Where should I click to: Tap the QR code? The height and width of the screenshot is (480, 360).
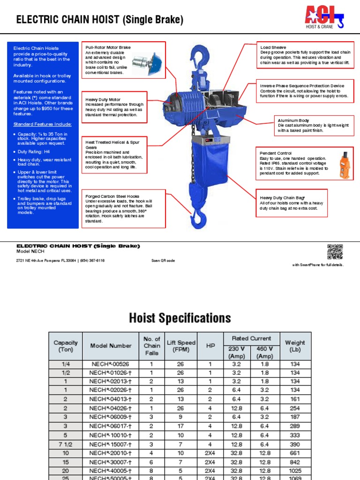coord(335,252)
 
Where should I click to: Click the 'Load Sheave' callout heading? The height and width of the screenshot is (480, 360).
coord(273,47)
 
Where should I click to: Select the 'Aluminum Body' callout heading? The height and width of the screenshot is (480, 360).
coord(293,120)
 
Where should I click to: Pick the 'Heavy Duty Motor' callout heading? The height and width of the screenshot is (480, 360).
coord(103,100)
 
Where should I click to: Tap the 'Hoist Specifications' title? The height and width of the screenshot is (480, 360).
coord(180,318)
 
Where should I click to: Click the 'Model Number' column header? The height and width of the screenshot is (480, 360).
coord(111,346)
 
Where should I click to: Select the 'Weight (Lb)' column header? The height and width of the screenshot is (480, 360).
coord(295,346)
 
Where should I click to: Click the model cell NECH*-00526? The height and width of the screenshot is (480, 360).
coord(111,364)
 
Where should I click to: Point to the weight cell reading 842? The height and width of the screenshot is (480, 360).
coord(295,462)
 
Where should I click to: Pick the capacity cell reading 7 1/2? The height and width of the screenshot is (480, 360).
coord(65,444)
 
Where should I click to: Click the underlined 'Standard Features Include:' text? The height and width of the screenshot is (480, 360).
coord(43,124)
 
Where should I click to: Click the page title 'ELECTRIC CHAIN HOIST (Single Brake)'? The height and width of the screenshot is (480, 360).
coord(100,20)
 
